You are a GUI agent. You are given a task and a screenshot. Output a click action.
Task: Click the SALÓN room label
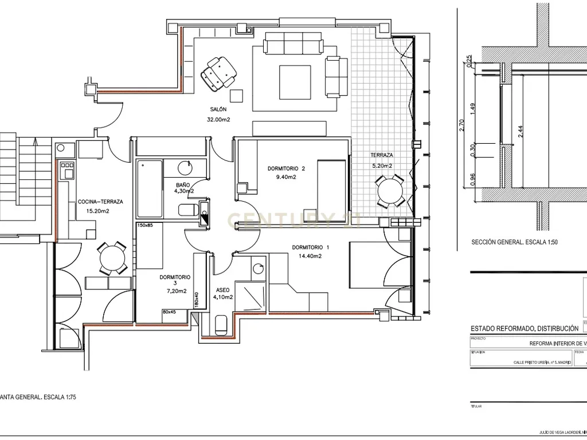pos(218,109)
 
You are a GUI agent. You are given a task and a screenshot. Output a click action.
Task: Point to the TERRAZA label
pos(381,155)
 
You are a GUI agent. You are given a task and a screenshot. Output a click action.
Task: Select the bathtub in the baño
pos(149,189)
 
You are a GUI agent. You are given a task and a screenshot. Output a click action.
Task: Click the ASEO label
pos(222,290)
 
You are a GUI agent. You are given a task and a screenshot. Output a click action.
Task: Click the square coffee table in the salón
pos(295,83)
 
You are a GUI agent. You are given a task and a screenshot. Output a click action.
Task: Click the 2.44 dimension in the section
pos(520,132)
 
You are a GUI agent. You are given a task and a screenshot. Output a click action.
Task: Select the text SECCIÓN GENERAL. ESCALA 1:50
pos(514,242)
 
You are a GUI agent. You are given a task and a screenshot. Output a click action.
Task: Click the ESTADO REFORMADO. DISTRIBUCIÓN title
pos(524,328)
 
